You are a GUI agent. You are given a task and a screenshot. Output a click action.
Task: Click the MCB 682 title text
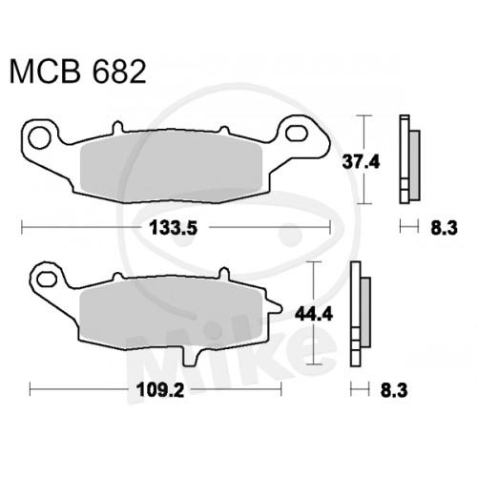click(x=78, y=72)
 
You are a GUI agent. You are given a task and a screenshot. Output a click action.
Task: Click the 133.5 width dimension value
click(x=174, y=228)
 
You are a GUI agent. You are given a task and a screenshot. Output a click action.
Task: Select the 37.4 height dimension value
click(x=361, y=162)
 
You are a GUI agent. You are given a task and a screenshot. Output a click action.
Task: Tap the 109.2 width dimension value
click(x=160, y=390)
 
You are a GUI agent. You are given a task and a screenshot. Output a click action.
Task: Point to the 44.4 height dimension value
click(x=314, y=315)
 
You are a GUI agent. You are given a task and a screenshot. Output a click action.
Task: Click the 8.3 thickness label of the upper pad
click(x=445, y=228)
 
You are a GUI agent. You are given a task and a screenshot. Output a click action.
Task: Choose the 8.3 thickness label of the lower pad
click(x=394, y=390)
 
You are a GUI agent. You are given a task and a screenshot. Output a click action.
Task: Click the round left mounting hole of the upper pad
click(x=40, y=137)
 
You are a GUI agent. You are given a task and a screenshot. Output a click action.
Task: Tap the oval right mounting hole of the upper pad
click(x=296, y=134)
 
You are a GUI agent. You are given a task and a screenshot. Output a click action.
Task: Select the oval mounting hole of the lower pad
click(x=47, y=279)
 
